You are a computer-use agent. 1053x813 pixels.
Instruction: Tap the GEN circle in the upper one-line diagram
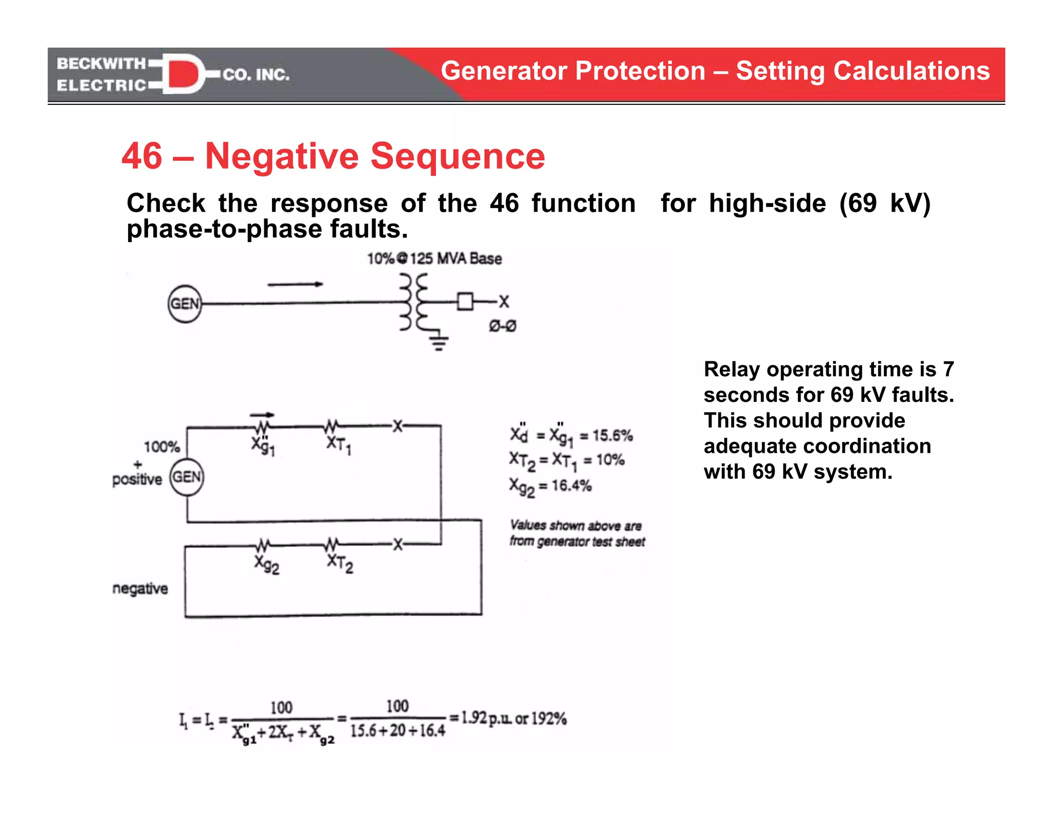tap(185, 304)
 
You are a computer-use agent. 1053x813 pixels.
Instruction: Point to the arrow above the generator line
tap(295, 284)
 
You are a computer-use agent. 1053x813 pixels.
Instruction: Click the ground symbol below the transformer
tap(439, 341)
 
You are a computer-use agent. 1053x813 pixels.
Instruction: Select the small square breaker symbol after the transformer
tap(465, 301)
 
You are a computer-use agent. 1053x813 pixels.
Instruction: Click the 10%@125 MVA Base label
tap(434, 258)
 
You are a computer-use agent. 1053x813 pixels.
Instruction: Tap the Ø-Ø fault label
tap(502, 326)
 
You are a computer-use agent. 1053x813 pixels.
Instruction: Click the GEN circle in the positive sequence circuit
tap(187, 477)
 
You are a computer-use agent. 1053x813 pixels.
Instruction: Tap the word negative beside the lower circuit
tap(140, 588)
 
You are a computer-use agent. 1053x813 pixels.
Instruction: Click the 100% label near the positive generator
tap(161, 447)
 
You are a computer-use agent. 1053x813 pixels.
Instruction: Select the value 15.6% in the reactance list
tap(612, 436)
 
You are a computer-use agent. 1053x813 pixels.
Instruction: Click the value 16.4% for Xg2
tap(571, 485)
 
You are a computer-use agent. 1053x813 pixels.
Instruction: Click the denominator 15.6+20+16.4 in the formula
tap(397, 731)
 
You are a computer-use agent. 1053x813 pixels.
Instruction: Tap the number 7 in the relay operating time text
tap(948, 369)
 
